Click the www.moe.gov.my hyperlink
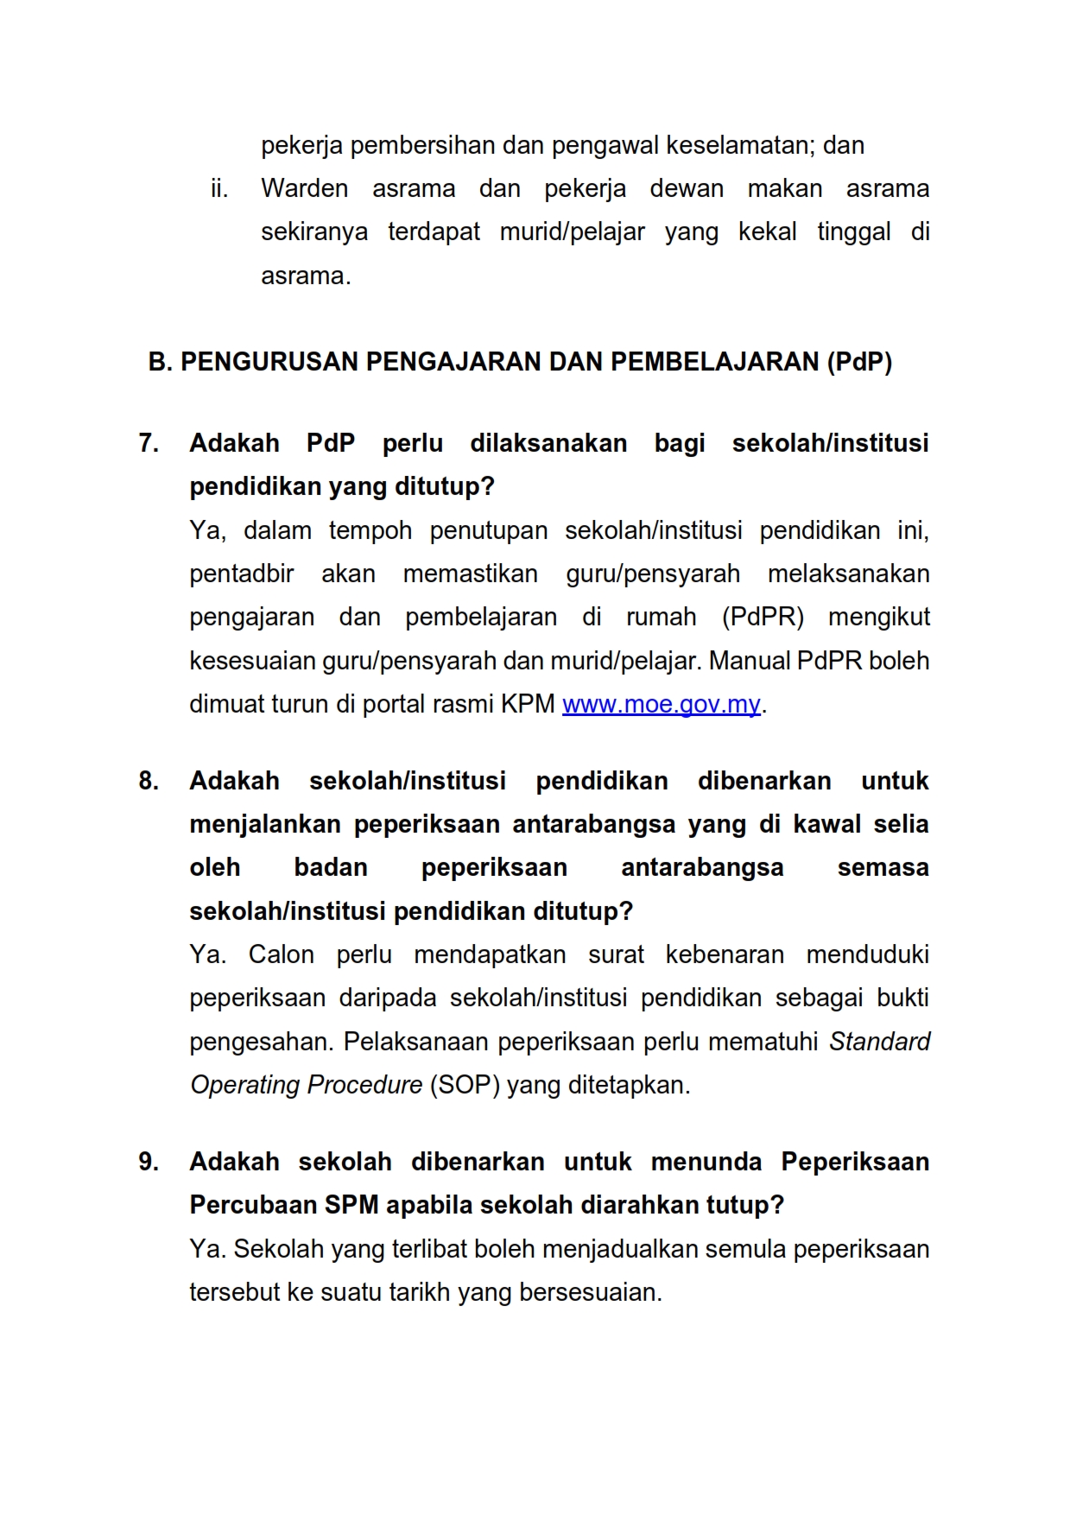coord(661,705)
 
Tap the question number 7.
coord(149,443)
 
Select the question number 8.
coord(149,781)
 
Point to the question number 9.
coord(149,1162)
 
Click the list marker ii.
coord(219,188)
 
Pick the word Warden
coord(305,188)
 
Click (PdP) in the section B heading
coord(859,362)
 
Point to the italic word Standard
coord(879,1042)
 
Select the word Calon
coord(281,954)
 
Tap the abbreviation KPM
coord(528,705)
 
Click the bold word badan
coord(331,867)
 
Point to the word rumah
coord(662,618)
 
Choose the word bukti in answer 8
coord(902,998)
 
